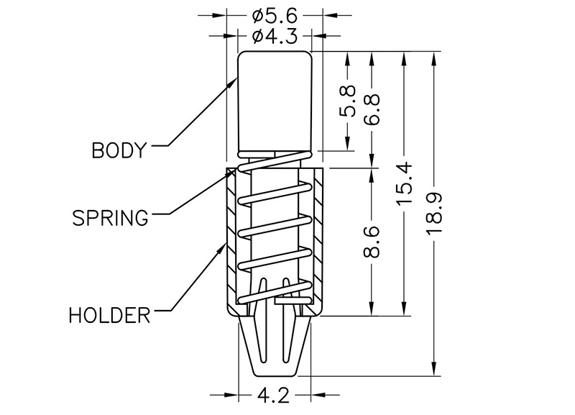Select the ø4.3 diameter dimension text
point(275,35)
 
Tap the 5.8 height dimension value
point(348,101)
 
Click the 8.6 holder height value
point(372,242)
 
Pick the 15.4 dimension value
point(405,184)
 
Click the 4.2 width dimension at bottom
point(275,395)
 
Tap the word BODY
point(119,150)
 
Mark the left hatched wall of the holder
point(231,237)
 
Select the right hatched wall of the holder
point(318,237)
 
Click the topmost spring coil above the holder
point(275,161)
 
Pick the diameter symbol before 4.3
point(258,35)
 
